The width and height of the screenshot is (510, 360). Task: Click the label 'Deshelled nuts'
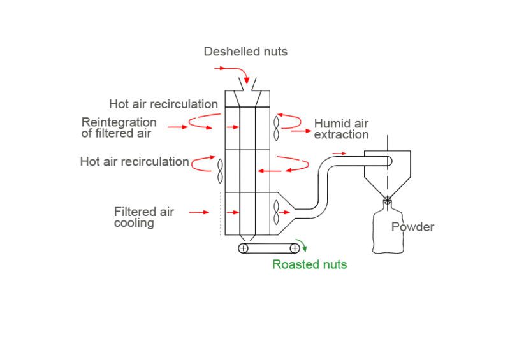(x=245, y=52)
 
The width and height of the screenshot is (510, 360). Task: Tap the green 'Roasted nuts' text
(x=309, y=264)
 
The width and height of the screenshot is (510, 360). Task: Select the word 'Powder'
(x=412, y=227)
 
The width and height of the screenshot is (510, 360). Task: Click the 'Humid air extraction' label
(x=341, y=129)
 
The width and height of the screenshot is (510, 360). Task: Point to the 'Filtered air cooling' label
(x=143, y=217)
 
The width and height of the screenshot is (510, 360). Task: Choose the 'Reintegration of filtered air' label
(x=119, y=127)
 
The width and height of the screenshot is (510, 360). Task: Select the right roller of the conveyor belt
(x=295, y=248)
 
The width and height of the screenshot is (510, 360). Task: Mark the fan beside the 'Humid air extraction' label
(x=277, y=128)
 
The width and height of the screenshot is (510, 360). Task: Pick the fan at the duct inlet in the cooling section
(x=276, y=212)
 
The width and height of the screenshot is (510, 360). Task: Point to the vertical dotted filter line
(x=221, y=213)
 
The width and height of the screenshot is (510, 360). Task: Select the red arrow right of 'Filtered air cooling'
(x=198, y=212)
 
